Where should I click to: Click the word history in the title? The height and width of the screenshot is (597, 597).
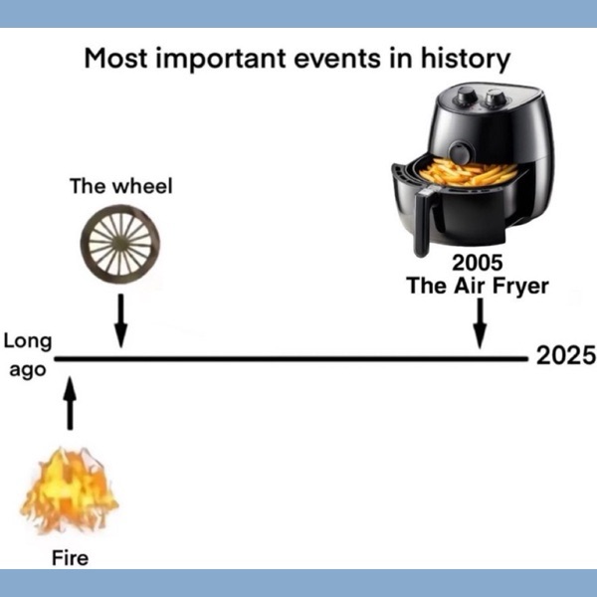(x=466, y=60)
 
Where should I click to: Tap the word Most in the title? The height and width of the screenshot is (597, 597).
(x=115, y=59)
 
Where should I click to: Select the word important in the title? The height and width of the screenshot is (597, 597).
(x=221, y=60)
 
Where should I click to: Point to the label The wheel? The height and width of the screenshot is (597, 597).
(x=121, y=186)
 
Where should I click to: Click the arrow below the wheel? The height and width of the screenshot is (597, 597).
(x=120, y=320)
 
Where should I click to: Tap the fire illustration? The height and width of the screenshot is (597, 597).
(x=70, y=492)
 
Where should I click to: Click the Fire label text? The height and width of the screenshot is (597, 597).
(x=70, y=558)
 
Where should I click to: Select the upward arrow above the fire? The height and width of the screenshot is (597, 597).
(x=70, y=404)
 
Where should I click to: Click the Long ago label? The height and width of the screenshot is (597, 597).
(x=28, y=355)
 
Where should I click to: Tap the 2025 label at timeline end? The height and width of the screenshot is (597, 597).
(x=565, y=355)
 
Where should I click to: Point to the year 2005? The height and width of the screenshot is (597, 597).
(x=477, y=263)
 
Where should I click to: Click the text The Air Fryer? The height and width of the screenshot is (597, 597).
(x=478, y=286)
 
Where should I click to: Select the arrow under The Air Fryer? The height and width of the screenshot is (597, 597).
(x=481, y=323)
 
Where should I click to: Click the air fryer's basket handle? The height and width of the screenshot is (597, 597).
(x=424, y=223)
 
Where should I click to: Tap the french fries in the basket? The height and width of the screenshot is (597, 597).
(x=469, y=172)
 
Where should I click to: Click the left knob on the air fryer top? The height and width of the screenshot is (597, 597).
(x=467, y=96)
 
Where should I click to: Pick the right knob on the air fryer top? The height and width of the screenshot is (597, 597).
(x=495, y=98)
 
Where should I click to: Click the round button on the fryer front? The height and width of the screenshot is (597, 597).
(x=461, y=152)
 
